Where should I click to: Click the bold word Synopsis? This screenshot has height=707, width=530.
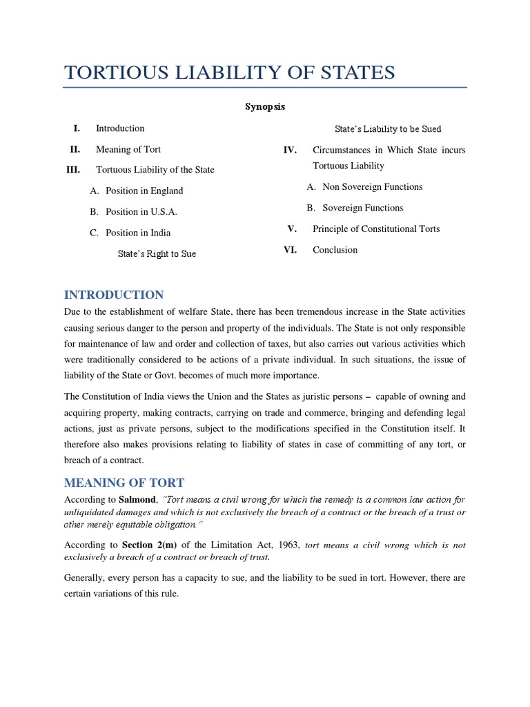266,107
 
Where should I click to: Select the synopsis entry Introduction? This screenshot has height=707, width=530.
120,128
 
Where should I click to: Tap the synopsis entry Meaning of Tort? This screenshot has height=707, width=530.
128,149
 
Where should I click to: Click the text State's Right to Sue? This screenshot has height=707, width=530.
157,254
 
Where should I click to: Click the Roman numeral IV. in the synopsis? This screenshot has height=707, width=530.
290,151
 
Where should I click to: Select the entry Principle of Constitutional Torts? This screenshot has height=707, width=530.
376,229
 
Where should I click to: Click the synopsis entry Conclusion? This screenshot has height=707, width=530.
335,250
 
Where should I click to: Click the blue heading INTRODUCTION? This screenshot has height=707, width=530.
114,295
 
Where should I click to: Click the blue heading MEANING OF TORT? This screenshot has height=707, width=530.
124,482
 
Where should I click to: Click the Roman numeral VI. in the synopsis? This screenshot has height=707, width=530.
290,250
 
